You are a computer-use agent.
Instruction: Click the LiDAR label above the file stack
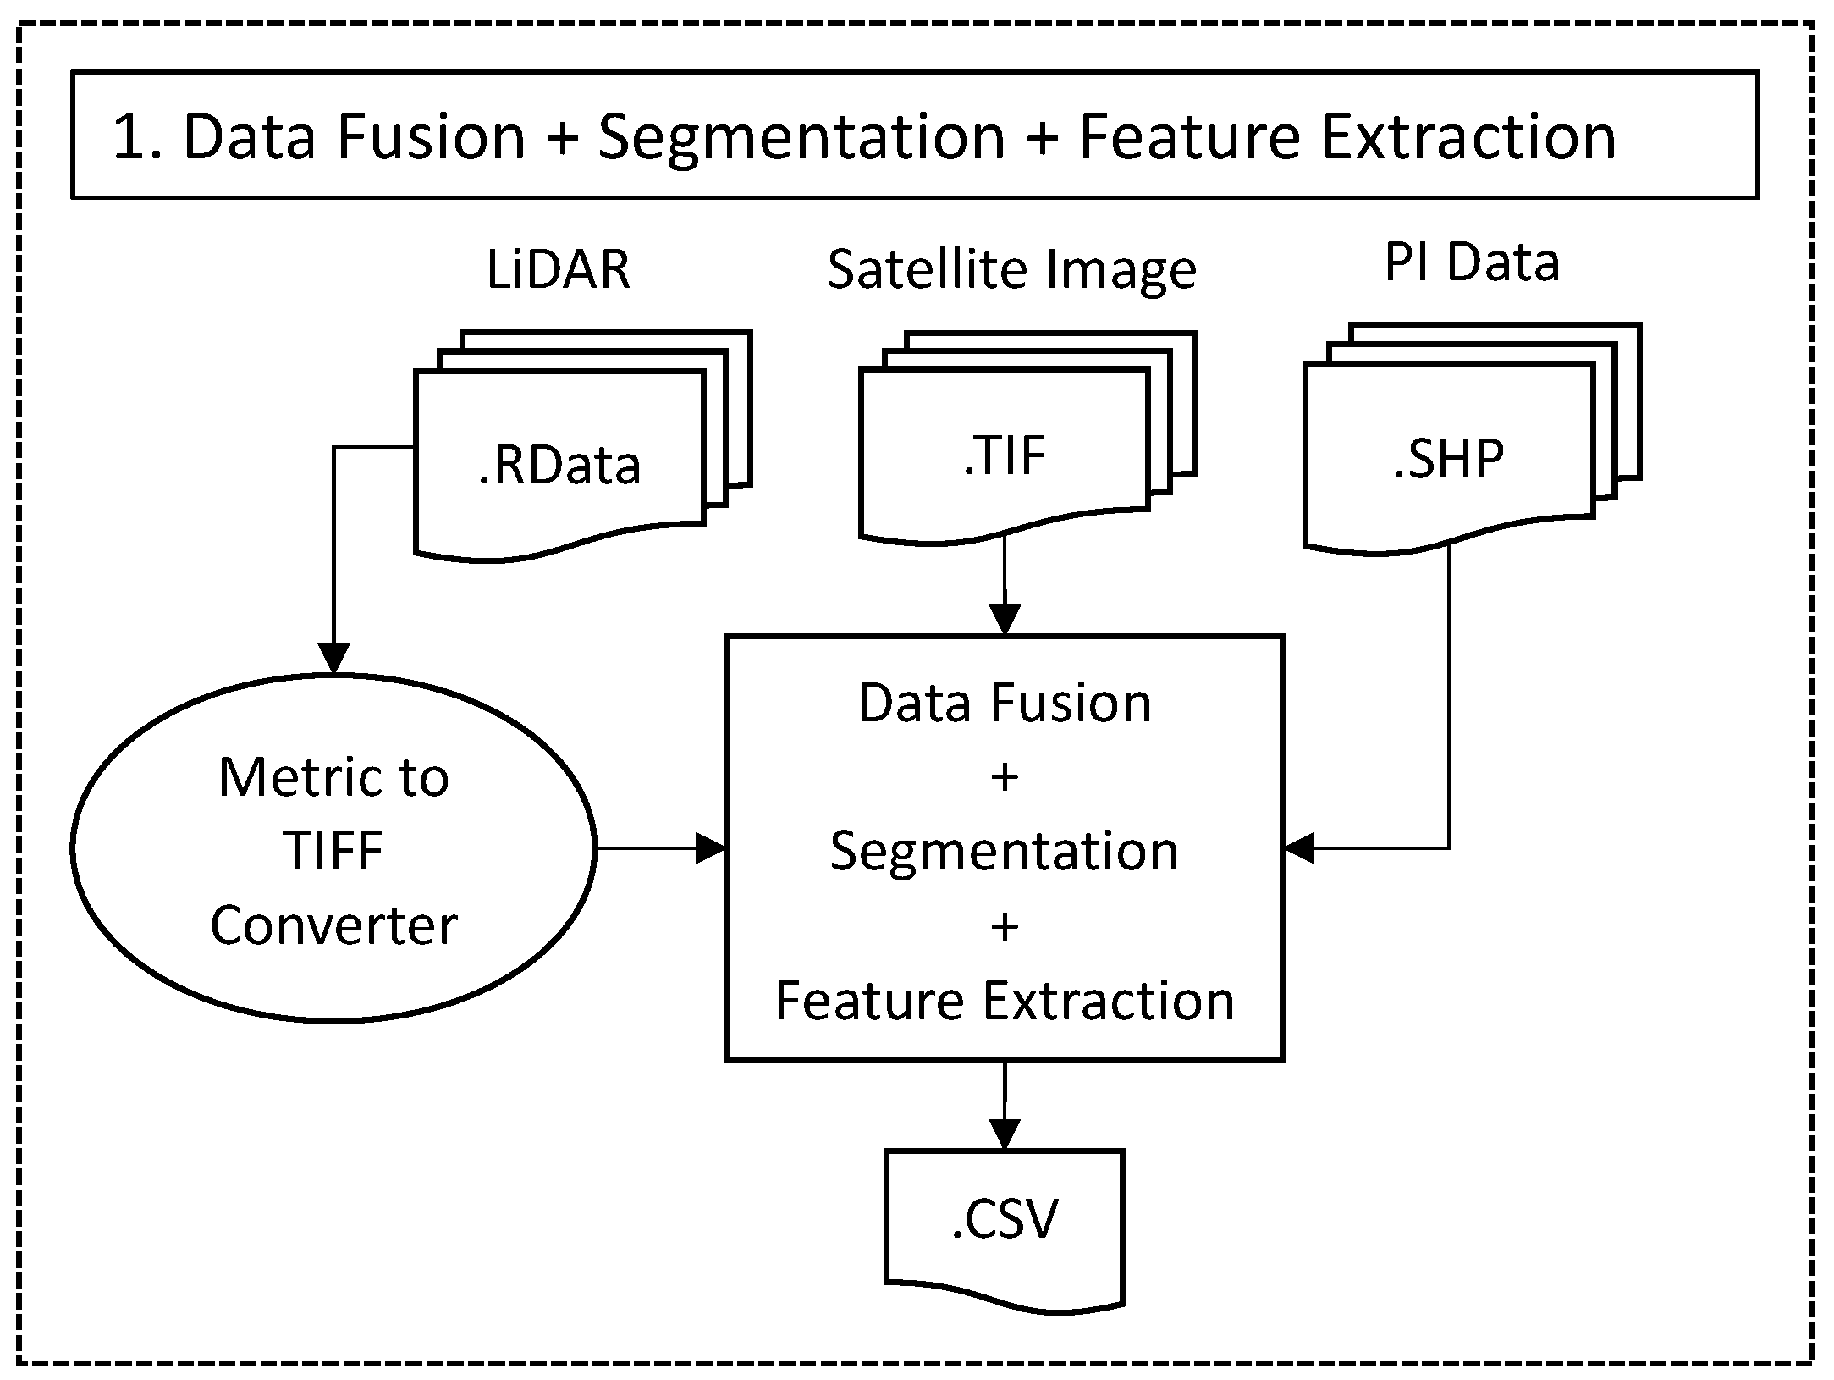558,269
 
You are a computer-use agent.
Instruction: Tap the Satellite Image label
1011,269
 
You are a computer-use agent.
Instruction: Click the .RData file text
559,465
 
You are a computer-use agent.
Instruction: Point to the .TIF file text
1005,455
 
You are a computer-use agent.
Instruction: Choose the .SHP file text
1449,459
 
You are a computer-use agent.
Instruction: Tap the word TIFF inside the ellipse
333,850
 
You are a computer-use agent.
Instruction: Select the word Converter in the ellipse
333,925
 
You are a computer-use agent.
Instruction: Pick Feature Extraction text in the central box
1005,1000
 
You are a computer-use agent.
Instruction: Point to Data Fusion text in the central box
1005,703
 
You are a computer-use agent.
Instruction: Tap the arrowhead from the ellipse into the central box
711,848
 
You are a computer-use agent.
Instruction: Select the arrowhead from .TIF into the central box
1005,620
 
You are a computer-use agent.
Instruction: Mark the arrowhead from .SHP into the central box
1300,847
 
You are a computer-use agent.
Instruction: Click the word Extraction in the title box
1468,137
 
